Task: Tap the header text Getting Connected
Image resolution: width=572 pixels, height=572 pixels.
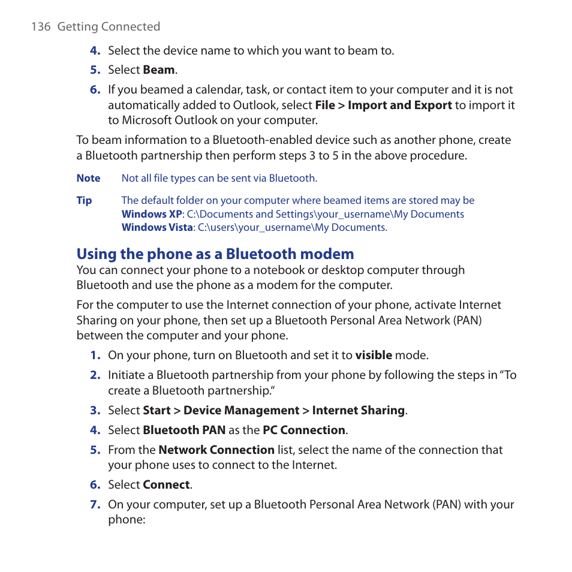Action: click(109, 27)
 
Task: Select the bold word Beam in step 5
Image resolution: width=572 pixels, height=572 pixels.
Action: click(159, 70)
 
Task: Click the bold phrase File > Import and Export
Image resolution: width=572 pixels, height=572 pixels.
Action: click(383, 106)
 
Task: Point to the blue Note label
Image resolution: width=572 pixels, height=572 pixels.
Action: click(88, 179)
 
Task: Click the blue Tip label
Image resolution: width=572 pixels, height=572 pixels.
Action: click(84, 201)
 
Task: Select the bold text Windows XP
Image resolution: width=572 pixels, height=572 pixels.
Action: click(152, 215)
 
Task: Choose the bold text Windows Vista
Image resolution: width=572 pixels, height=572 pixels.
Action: click(157, 228)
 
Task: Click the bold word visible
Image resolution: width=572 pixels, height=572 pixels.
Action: click(373, 356)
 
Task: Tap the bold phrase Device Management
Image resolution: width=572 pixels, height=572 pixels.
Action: click(241, 411)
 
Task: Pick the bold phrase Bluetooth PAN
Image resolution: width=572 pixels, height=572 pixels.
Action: click(184, 430)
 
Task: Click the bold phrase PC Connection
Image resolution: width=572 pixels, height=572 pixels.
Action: click(303, 430)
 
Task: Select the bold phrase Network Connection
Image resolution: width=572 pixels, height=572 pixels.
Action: click(216, 450)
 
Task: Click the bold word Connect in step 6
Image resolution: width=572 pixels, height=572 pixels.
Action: click(166, 485)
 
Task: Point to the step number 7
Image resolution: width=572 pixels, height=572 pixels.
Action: click(95, 505)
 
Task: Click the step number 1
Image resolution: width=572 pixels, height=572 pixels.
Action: click(95, 356)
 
